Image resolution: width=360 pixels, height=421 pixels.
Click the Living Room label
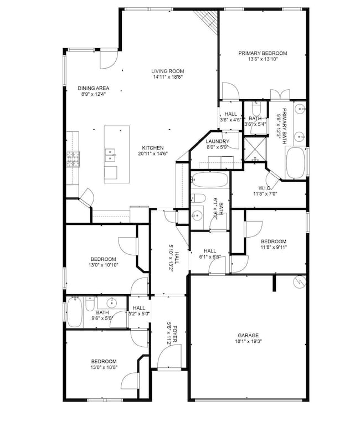point(167,71)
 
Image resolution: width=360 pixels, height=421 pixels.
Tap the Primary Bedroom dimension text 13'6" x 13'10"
point(263,59)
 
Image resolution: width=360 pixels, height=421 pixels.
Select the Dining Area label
point(94,88)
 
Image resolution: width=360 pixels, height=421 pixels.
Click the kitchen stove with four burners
point(73,159)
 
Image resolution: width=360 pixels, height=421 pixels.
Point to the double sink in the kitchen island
point(110,155)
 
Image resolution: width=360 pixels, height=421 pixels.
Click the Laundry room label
point(218,141)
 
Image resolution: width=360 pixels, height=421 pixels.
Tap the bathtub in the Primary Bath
point(295,163)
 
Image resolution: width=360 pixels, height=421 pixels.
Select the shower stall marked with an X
point(255,150)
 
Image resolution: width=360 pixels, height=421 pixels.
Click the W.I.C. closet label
point(265,188)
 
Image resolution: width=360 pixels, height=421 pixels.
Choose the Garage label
point(248,335)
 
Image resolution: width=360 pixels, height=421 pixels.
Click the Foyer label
point(175,334)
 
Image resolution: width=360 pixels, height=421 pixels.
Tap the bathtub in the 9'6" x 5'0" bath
point(74,312)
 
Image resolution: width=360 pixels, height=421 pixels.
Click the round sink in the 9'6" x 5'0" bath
point(111,303)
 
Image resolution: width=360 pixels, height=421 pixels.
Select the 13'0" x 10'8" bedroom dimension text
point(104,367)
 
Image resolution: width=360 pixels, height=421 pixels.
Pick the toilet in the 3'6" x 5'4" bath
point(256,108)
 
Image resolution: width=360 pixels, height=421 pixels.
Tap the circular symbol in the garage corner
point(300,282)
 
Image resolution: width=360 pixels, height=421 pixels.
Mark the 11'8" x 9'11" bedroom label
point(274,242)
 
